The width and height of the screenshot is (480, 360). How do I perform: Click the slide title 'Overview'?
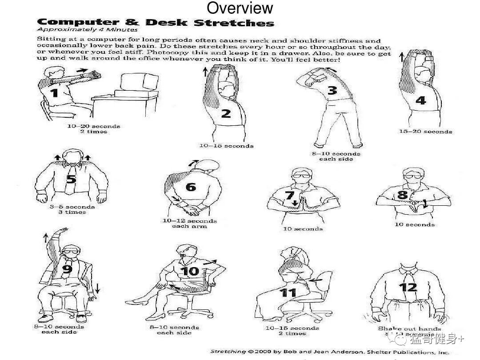click(x=240, y=8)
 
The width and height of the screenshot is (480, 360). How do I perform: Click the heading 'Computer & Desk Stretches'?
click(x=155, y=22)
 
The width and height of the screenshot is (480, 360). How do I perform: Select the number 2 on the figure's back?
click(x=226, y=113)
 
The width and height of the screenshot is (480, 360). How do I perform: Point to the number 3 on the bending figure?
click(x=332, y=91)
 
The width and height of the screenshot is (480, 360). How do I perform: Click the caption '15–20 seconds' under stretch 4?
click(x=425, y=132)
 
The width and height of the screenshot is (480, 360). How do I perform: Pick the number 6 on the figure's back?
click(x=191, y=187)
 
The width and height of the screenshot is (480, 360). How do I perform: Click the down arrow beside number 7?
click(x=295, y=203)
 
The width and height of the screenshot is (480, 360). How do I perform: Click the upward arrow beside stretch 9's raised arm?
click(x=45, y=236)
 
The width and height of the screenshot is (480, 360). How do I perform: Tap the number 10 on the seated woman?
click(x=190, y=271)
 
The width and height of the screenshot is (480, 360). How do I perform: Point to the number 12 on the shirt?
click(x=408, y=287)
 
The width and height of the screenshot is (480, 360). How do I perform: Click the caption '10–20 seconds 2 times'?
click(x=93, y=129)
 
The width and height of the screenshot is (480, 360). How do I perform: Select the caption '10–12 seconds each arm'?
click(x=189, y=224)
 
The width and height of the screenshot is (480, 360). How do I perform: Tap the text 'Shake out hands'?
click(x=409, y=329)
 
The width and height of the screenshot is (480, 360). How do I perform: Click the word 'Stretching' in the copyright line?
click(x=228, y=352)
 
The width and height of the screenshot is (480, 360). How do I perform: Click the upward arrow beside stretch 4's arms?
click(x=402, y=56)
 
